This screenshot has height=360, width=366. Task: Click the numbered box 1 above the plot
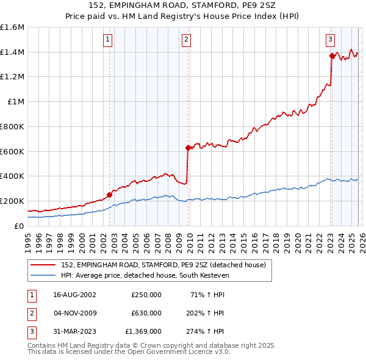coord(107,40)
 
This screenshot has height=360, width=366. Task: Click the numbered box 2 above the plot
coord(185,40)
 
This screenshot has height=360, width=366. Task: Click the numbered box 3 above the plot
coord(330,40)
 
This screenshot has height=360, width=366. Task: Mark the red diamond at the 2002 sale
coord(109,195)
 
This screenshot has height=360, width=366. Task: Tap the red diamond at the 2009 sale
coord(188,148)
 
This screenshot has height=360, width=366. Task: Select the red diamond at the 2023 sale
coord(332,56)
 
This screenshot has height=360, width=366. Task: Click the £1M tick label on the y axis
coord(15,102)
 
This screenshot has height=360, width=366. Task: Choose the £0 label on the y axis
coord(18,226)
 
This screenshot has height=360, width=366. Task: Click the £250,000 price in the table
coord(146,294)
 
